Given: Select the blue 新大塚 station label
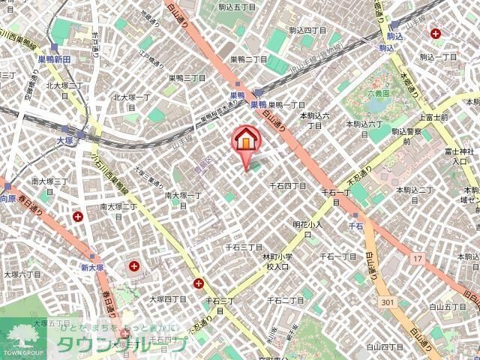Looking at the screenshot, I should pos(91,267).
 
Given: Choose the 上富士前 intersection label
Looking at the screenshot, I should pos(433,117).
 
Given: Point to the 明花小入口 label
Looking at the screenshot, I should pos(307,229).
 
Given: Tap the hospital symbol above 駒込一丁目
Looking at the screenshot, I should pos(436,32).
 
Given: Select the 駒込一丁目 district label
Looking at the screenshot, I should pos(438,56).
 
